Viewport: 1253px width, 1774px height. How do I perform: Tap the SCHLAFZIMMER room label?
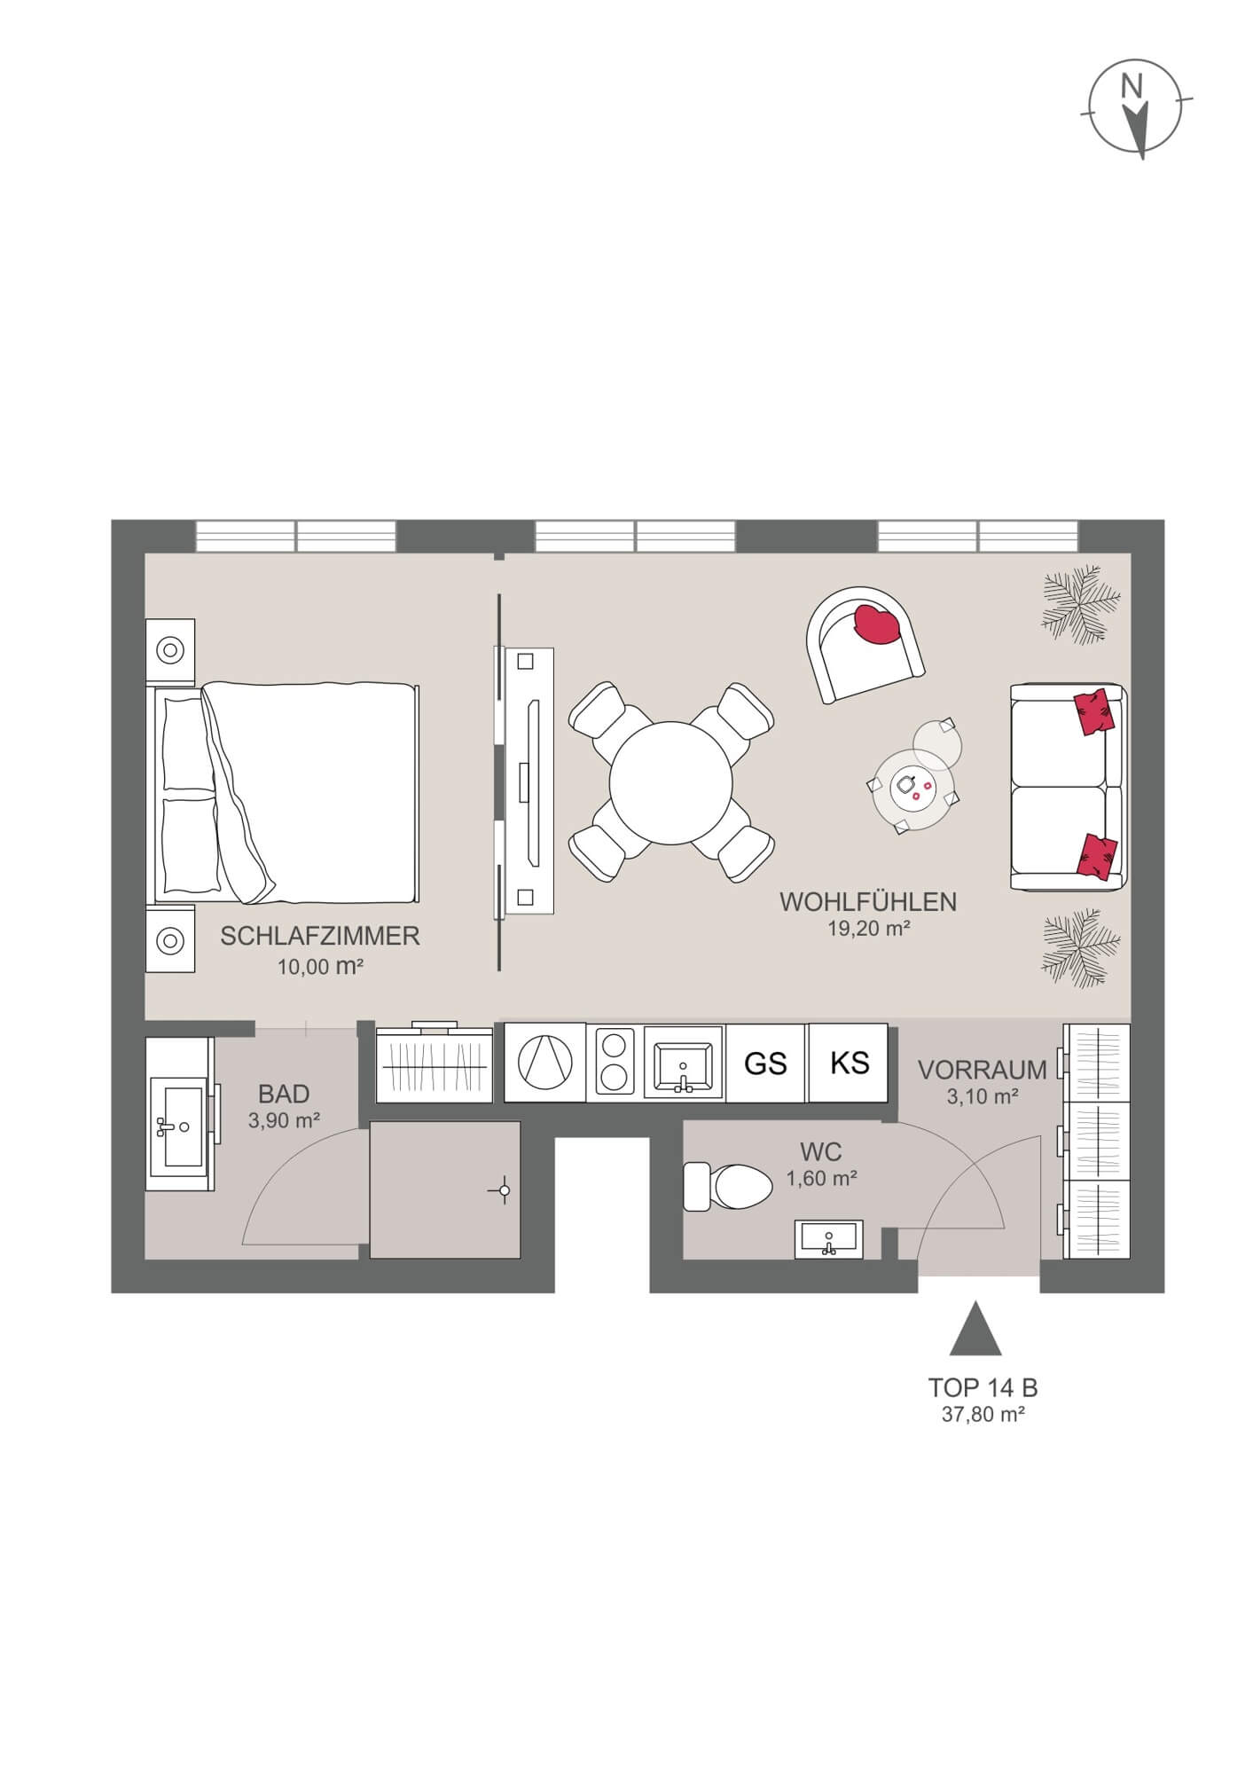[319, 936]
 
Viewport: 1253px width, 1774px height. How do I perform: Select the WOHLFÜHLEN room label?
[867, 902]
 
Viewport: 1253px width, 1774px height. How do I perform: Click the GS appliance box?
[765, 1063]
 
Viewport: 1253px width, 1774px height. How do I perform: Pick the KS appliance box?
[849, 1062]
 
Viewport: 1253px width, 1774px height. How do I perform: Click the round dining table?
[670, 781]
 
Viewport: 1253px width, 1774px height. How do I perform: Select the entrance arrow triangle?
[975, 1330]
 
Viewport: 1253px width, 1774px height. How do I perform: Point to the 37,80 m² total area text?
[983, 1415]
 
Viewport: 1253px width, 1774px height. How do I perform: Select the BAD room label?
[284, 1094]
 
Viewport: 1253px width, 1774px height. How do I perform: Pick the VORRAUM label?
[982, 1070]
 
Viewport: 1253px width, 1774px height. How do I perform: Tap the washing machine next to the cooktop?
[544, 1063]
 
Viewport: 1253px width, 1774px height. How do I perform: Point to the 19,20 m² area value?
[867, 929]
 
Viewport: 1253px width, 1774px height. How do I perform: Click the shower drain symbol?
[504, 1190]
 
